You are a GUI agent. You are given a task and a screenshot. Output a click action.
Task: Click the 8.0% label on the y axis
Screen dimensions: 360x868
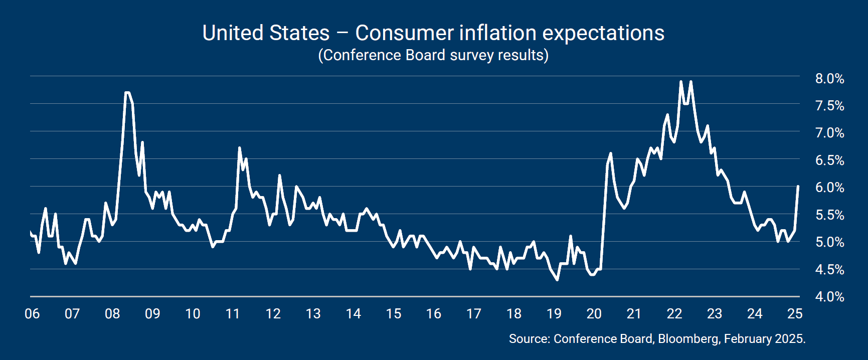pyautogui.click(x=829, y=79)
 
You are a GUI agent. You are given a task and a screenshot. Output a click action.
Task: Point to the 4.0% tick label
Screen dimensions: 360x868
pyautogui.click(x=829, y=297)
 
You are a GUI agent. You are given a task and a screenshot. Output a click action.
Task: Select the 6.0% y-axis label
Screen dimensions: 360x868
pyautogui.click(x=829, y=188)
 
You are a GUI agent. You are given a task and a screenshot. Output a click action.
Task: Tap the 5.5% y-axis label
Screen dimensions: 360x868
pyautogui.click(x=829, y=215)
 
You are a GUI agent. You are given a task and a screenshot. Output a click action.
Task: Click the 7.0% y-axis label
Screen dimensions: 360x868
pyautogui.click(x=829, y=133)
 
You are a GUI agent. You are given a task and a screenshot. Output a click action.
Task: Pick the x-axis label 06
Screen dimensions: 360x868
pyautogui.click(x=32, y=314)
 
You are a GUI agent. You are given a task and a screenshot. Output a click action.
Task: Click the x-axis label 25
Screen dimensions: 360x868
pyautogui.click(x=795, y=314)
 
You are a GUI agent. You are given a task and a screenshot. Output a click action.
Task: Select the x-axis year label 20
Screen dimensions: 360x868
pyautogui.click(x=594, y=314)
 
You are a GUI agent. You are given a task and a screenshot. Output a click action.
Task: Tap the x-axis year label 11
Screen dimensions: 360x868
pyautogui.click(x=233, y=314)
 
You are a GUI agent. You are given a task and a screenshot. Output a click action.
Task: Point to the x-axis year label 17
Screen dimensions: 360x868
pyautogui.click(x=473, y=314)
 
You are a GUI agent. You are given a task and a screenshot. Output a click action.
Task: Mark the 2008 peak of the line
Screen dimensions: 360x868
pyautogui.click(x=127, y=92)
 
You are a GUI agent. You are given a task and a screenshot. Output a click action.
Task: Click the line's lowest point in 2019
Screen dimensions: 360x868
pyautogui.click(x=557, y=280)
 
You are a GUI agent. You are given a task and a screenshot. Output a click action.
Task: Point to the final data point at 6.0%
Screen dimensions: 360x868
pyautogui.click(x=798, y=187)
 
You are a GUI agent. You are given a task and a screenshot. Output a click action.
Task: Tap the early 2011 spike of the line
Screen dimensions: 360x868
pyautogui.click(x=239, y=148)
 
